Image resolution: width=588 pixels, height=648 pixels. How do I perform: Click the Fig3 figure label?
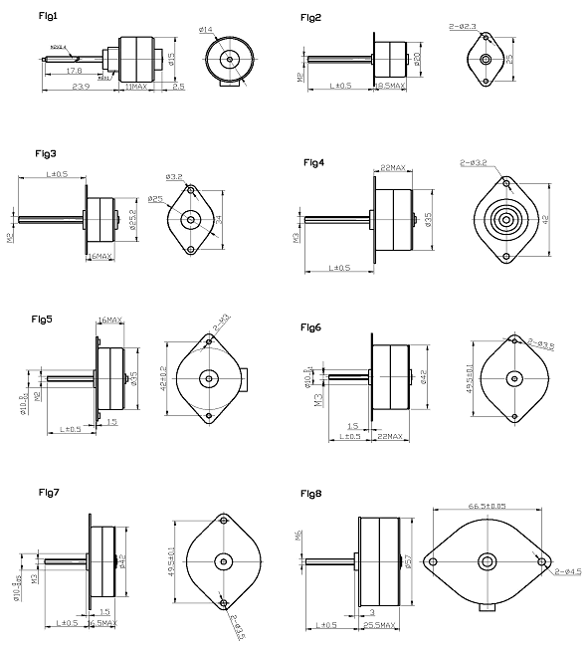(x=46, y=154)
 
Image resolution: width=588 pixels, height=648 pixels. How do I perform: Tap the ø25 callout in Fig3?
(x=155, y=200)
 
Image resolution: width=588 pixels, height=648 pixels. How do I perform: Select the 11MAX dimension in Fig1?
(x=136, y=88)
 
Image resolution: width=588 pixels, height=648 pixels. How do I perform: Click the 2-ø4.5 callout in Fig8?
(x=569, y=571)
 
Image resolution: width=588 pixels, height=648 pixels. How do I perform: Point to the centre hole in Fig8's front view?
(x=488, y=562)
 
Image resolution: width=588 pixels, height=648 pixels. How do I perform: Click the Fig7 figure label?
(x=50, y=492)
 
